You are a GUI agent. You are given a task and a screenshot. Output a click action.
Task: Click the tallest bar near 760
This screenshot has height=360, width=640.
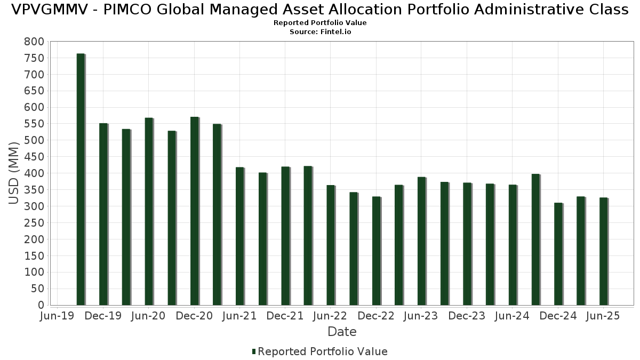click(81, 179)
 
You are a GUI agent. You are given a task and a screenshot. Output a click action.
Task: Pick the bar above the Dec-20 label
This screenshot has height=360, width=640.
click(194, 211)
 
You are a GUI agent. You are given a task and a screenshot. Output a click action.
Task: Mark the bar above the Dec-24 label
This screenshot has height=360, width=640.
click(558, 254)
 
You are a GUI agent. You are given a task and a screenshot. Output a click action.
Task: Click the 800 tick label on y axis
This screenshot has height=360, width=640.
click(34, 42)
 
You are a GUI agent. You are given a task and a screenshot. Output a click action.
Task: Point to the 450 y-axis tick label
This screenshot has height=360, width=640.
click(34, 157)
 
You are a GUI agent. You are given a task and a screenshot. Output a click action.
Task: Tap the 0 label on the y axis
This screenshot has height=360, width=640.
click(41, 305)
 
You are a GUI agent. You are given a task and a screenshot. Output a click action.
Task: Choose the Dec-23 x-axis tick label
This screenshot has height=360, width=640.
click(467, 316)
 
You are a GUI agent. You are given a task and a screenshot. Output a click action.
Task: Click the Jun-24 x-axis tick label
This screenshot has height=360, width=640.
click(512, 316)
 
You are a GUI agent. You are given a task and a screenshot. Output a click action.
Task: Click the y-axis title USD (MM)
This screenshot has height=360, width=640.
click(14, 173)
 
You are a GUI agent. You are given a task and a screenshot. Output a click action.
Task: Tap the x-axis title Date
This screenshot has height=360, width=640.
click(342, 332)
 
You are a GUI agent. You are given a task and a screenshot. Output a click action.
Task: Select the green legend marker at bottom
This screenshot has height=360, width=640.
click(254, 351)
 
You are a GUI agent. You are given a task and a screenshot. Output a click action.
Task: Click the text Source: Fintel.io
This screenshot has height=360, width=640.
click(320, 32)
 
